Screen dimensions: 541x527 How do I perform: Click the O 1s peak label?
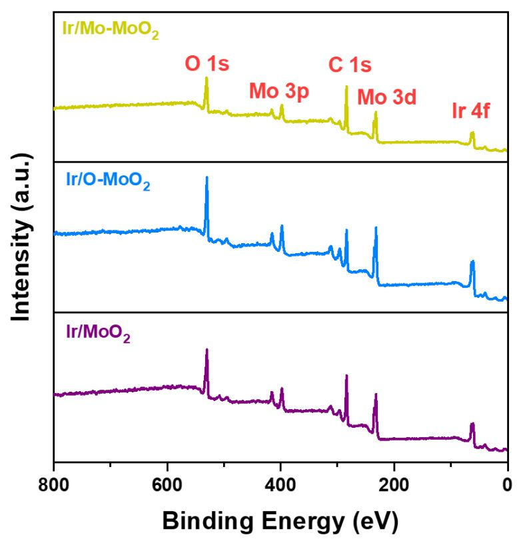[207, 65]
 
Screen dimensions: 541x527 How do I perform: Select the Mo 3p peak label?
[279, 92]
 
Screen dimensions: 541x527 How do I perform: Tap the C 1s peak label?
[350, 65]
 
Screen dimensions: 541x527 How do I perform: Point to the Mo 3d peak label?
[386, 98]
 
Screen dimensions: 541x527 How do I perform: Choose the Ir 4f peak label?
[470, 111]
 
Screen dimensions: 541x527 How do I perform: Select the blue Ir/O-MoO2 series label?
[108, 180]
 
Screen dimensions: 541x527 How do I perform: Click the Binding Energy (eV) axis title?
[280, 518]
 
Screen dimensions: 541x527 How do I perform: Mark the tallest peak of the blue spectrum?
[207, 177]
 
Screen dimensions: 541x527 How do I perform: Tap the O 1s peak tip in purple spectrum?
[207, 349]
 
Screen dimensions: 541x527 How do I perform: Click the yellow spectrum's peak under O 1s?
[207, 78]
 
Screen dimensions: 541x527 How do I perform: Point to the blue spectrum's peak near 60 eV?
[472, 261]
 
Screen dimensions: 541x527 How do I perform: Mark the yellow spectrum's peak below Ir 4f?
[472, 133]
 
